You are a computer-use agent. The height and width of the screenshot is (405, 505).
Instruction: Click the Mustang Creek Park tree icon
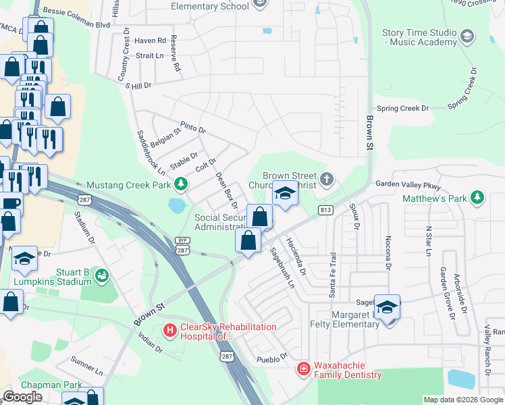coord(180,184)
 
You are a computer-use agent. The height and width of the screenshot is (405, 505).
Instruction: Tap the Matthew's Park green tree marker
coord(477,198)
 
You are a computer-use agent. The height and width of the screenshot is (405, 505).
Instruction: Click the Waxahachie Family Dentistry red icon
coord(304,369)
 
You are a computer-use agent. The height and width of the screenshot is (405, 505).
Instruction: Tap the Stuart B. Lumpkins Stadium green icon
coord(101,274)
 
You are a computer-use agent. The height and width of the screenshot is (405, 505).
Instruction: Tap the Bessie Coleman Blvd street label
coord(76,24)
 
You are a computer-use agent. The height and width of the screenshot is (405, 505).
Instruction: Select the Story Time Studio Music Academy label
coord(419,37)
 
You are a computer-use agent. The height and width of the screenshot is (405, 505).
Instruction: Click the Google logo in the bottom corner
coord(22,397)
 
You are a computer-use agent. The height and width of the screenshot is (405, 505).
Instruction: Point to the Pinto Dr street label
coord(192,128)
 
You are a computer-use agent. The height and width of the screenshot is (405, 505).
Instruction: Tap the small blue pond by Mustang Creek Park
coord(178,205)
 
